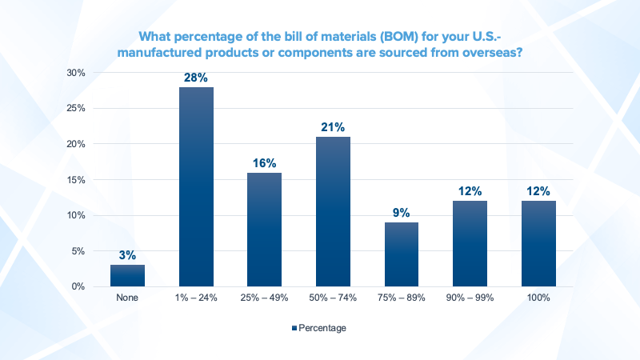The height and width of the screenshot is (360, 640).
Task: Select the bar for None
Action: pos(127,275)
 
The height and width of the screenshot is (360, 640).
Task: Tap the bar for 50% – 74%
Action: pos(333,211)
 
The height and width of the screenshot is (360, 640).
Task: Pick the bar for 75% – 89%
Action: pos(402,254)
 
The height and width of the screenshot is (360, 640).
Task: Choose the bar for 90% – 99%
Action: pos(470,243)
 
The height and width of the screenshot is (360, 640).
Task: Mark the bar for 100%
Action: pos(538,243)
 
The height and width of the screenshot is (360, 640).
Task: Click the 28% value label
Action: pos(196,78)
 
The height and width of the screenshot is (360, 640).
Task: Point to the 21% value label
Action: pos(333,127)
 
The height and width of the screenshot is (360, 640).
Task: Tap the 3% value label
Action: pos(127,255)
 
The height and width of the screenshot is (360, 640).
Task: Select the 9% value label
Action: pos(402,212)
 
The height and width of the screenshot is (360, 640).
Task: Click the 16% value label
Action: pos(264,162)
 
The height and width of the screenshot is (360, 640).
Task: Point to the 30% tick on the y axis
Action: pos(76,73)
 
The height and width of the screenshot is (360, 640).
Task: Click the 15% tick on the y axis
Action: pos(76,179)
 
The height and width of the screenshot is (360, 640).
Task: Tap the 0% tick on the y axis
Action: pos(78,286)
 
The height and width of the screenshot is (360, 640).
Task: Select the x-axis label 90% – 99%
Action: pos(470,298)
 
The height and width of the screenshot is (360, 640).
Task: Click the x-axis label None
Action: pos(127,298)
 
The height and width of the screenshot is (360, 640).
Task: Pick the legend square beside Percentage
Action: pos(294,328)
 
